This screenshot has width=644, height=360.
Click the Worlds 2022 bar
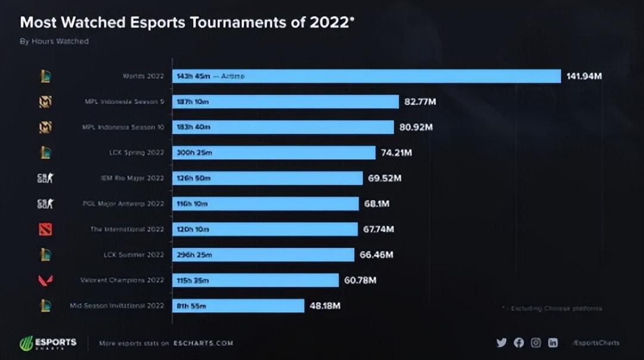(366, 76)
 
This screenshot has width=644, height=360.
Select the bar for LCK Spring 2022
(274, 153)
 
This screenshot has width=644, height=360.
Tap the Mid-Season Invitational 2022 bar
(238, 306)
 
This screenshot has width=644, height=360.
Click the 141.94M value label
(584, 76)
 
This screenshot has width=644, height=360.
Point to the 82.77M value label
(420, 102)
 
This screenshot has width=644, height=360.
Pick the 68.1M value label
(376, 204)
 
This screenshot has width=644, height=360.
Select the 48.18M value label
(325, 306)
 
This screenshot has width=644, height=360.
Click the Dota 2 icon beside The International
(45, 229)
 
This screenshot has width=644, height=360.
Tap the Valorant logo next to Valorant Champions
(45, 280)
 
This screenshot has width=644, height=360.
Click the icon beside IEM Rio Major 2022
(45, 178)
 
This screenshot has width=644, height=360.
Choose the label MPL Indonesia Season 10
(122, 128)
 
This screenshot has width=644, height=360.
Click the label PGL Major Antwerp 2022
(123, 204)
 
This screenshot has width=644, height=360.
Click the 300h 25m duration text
(194, 153)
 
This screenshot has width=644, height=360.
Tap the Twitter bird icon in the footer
(501, 343)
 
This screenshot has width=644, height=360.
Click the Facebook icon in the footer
(519, 343)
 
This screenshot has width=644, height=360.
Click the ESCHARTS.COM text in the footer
(203, 343)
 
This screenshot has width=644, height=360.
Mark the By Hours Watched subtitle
(54, 41)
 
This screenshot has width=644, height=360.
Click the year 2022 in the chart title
(328, 23)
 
